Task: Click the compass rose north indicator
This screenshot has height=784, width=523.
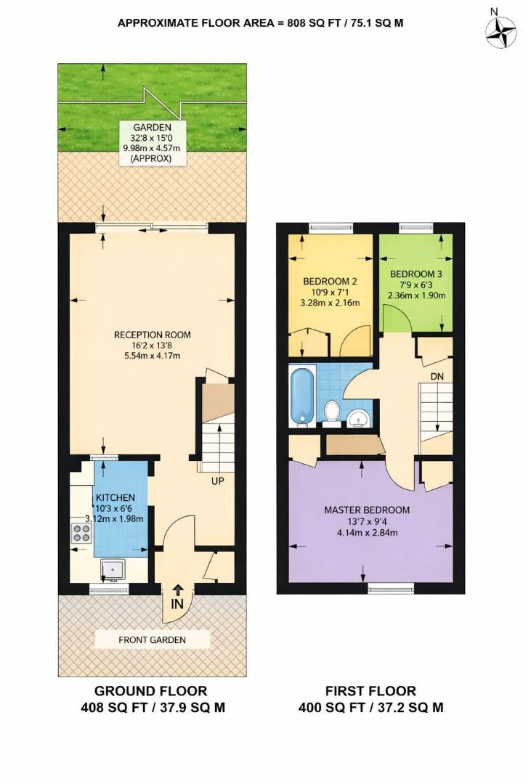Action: pos(499,28)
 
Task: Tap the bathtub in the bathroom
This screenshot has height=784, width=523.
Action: pos(301,396)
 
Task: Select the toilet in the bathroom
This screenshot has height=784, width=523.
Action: pos(332,411)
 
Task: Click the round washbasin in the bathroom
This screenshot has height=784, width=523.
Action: pos(357,418)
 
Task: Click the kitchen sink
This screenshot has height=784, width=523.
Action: pos(113,569)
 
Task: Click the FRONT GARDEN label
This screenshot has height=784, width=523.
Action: pos(153,640)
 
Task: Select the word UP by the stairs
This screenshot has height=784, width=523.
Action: pos(217,481)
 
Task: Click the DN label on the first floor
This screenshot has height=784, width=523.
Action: pos(437,377)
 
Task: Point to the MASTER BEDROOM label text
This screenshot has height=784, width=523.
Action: pos(366,510)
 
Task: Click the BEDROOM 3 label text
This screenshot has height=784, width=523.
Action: pos(415,274)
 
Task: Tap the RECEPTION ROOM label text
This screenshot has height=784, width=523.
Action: pos(152,335)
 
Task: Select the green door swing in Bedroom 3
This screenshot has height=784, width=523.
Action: pos(394,317)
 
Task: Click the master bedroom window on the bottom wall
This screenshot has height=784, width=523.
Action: pos(390,587)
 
